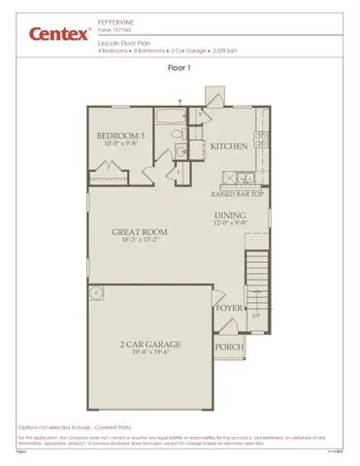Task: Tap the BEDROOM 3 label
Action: (x=123, y=135)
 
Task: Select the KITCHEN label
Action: (x=228, y=147)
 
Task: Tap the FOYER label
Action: (x=227, y=309)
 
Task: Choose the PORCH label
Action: (x=228, y=346)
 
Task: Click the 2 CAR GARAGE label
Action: (x=150, y=344)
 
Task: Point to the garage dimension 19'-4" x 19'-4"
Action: (x=150, y=352)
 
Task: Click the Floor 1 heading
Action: (x=180, y=68)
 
